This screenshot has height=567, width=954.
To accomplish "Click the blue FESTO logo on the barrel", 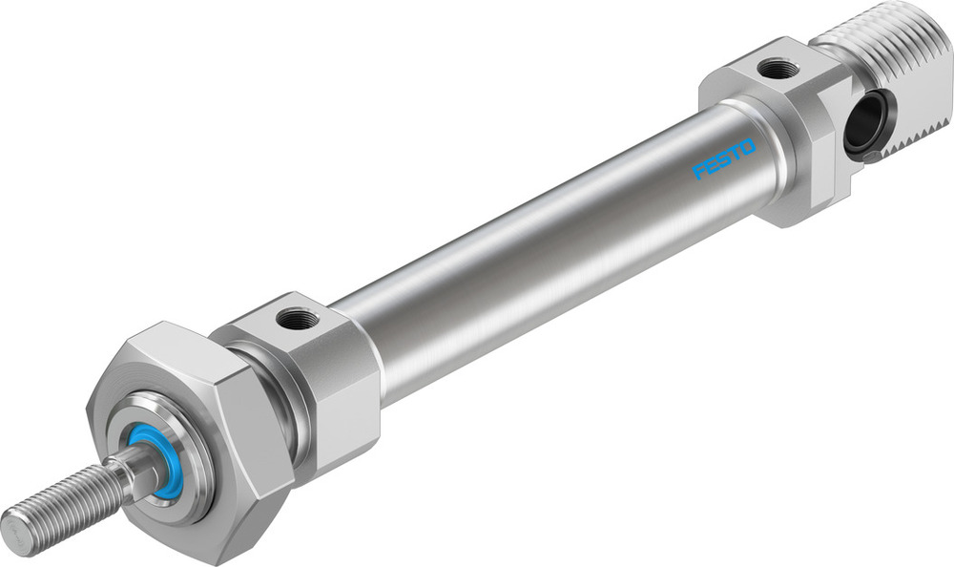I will coord(723,159).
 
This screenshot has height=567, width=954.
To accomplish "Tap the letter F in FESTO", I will coord(698,172).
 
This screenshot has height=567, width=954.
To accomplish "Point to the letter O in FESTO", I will coord(747,147).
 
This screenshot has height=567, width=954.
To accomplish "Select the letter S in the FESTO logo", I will coord(722,159).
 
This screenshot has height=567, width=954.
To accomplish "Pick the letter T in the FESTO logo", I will coord(735,153).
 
